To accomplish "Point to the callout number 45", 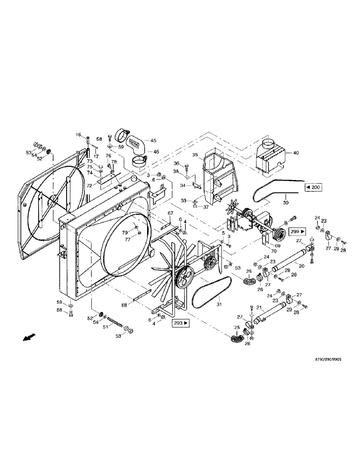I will coord(153,140).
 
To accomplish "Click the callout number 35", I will coord(195,155).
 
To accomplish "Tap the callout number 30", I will coord(285,202).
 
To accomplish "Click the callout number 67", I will coord(171,213).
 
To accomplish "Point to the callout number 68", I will coord(124,306).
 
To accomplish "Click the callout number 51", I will coord(105,327).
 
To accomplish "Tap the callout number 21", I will coord(260,308).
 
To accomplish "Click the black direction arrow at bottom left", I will coord(28,337).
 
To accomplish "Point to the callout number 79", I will coord(125,233).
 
